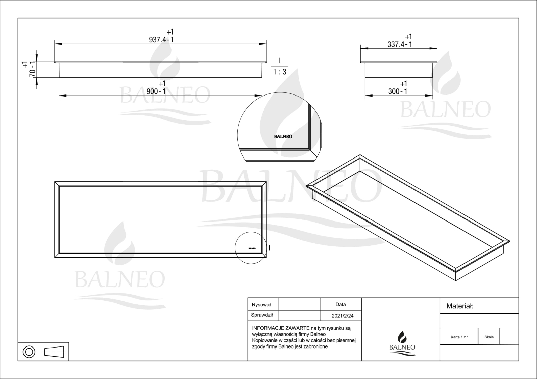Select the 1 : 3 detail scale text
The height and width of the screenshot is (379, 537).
(x=280, y=72)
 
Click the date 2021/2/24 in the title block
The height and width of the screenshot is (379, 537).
(x=343, y=316)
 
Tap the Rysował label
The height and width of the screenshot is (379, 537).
(x=261, y=305)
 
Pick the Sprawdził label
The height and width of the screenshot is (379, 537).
(x=262, y=315)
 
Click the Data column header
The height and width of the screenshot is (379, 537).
(x=341, y=304)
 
